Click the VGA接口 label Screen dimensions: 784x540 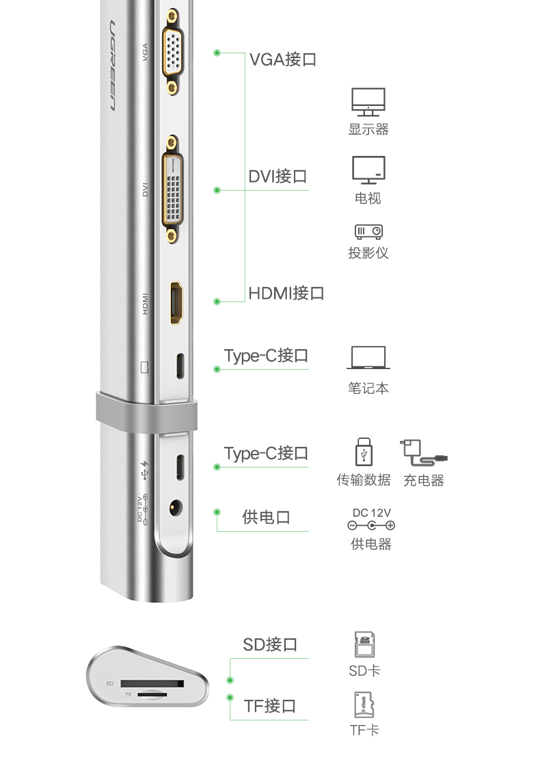coord(282,59)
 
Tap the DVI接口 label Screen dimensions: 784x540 coord(278,177)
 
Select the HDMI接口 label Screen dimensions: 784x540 coord(286,294)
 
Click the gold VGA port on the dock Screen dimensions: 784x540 coord(173,51)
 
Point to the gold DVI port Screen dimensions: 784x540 coord(172,189)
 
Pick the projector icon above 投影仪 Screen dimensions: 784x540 coord(368,232)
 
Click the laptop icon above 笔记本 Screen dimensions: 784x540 coord(368,359)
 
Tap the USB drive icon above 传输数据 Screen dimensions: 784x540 coord(364,453)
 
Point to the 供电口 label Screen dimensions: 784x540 coord(266,517)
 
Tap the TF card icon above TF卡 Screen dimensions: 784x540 coord(364,705)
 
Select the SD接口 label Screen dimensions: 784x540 coord(270,645)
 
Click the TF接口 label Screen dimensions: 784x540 coord(270,705)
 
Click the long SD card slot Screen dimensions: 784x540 coord(152,684)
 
